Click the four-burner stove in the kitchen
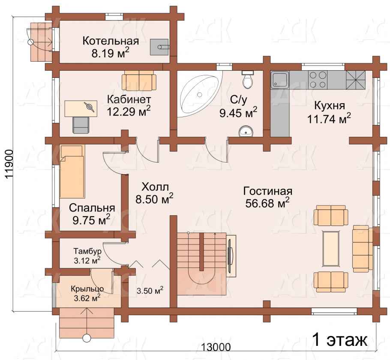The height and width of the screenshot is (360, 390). pos(318,80)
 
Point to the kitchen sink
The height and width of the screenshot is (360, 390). pos(280,80)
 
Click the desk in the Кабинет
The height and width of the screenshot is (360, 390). pos(81,108)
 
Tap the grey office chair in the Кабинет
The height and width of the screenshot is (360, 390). pos(81,125)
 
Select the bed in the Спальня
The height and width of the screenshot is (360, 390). pos(72,172)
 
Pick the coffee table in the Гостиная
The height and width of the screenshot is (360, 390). pos(331,248)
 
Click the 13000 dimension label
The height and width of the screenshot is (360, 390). pos(216,347)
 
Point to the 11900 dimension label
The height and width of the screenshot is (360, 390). pos(9,164)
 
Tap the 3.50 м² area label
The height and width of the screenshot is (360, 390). pos(150,290)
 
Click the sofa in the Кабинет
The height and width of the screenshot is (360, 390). pos(139,83)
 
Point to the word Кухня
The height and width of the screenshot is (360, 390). pos(330,105)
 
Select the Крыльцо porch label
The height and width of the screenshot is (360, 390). pos(87,289)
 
